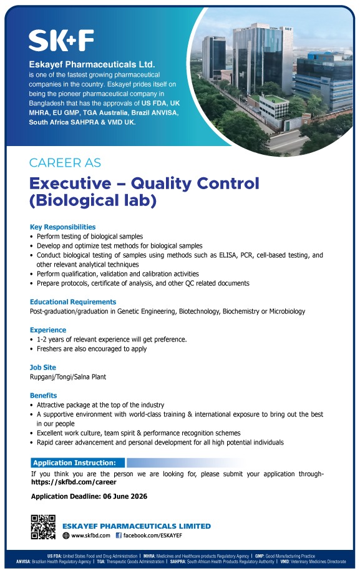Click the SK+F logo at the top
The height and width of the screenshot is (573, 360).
pyautogui.click(x=61, y=40)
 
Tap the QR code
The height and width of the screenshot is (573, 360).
pyautogui.click(x=43, y=527)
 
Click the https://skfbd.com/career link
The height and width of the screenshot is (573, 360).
pyautogui.click(x=74, y=482)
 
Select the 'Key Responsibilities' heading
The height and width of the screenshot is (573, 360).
pyautogui.click(x=63, y=227)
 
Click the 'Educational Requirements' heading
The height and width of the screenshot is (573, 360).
pyautogui.click(x=73, y=302)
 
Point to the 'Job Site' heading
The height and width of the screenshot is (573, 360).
pyautogui.click(x=43, y=367)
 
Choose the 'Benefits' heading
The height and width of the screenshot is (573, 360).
pyautogui.click(x=44, y=395)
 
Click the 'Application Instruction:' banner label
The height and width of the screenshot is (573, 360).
pyautogui.click(x=74, y=463)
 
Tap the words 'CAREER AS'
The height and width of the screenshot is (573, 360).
pyautogui.click(x=65, y=163)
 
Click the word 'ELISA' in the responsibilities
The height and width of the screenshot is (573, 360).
pyautogui.click(x=228, y=255)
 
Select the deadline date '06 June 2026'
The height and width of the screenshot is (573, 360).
pyautogui.click(x=125, y=496)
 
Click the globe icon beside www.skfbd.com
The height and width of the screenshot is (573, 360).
pyautogui.click(x=66, y=536)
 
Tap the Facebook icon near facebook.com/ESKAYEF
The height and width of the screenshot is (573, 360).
pyautogui.click(x=119, y=536)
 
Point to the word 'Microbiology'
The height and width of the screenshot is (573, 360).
pyautogui.click(x=287, y=311)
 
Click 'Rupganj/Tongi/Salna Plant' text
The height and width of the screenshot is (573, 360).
pyautogui.click(x=68, y=377)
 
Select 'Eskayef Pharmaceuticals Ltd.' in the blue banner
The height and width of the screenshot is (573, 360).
pyautogui.click(x=92, y=64)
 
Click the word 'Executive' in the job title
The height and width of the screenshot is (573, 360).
pyautogui.click(x=71, y=184)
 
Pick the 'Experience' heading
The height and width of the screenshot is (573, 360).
pyautogui.click(x=48, y=330)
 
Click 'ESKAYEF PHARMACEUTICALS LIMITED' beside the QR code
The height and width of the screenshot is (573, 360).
pyautogui.click(x=137, y=526)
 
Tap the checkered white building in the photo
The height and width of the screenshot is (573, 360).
pyautogui.click(x=274, y=106)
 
